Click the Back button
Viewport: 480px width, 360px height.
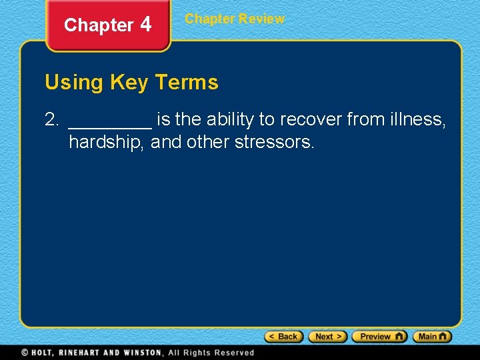pos(284,337)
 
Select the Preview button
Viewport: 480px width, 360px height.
pos(379,337)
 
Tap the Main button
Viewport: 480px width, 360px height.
pos(432,337)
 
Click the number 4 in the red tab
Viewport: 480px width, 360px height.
pos(145,25)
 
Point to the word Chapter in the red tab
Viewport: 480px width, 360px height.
pos(99,25)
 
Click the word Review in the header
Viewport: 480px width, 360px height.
pos(261,19)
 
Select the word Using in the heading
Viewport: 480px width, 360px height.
pos(74,83)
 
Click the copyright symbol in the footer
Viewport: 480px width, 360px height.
pos(24,353)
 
